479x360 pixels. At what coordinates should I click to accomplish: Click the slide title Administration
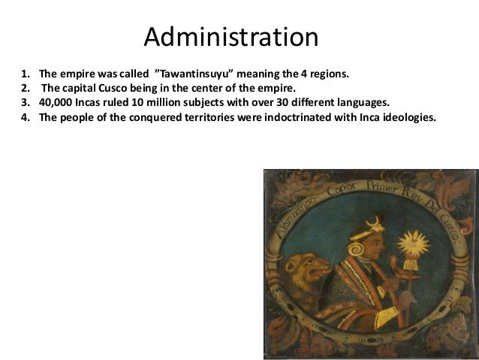(x=230, y=37)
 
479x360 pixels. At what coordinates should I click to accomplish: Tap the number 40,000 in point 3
(x=55, y=104)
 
